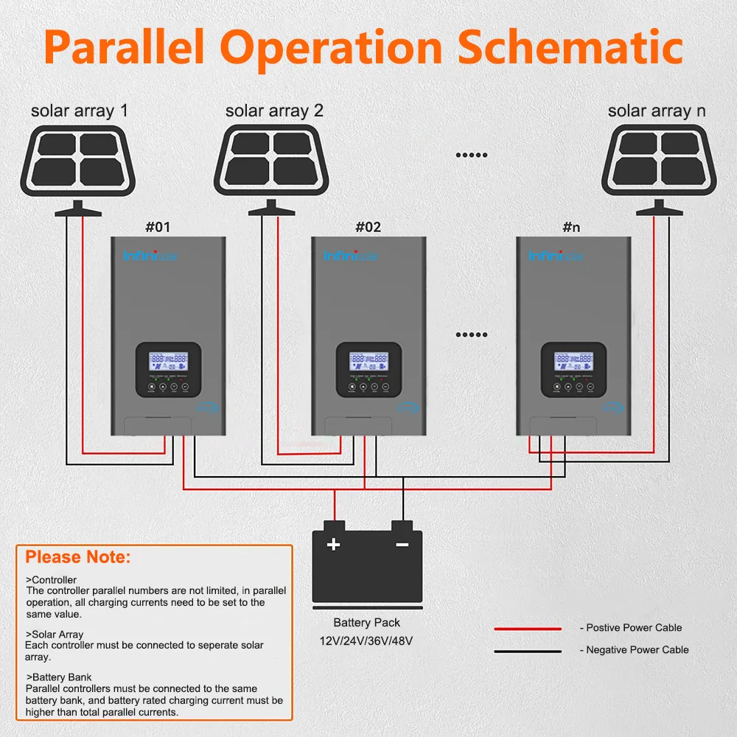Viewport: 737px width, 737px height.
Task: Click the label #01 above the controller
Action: (x=158, y=227)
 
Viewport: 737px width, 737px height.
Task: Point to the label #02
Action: (x=368, y=227)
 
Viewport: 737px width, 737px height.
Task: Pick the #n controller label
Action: (x=571, y=227)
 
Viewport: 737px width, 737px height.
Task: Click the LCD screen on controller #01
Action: (x=168, y=361)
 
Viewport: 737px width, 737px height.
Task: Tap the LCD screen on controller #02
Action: (x=368, y=361)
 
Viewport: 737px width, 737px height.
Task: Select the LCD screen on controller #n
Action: (x=574, y=361)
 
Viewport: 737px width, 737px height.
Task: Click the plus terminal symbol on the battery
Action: (x=334, y=545)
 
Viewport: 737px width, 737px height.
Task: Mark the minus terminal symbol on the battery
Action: (x=402, y=545)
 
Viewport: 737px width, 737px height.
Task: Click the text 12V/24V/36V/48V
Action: (x=366, y=640)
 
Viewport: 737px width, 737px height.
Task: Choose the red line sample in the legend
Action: (x=528, y=629)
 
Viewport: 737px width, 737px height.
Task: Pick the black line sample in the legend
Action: (x=528, y=651)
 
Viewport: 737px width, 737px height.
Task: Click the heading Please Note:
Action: (x=78, y=556)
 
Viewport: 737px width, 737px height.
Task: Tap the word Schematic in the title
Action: (x=570, y=46)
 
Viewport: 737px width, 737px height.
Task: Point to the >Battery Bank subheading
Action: (x=58, y=676)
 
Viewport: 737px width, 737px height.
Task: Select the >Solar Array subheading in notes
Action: (x=55, y=634)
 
